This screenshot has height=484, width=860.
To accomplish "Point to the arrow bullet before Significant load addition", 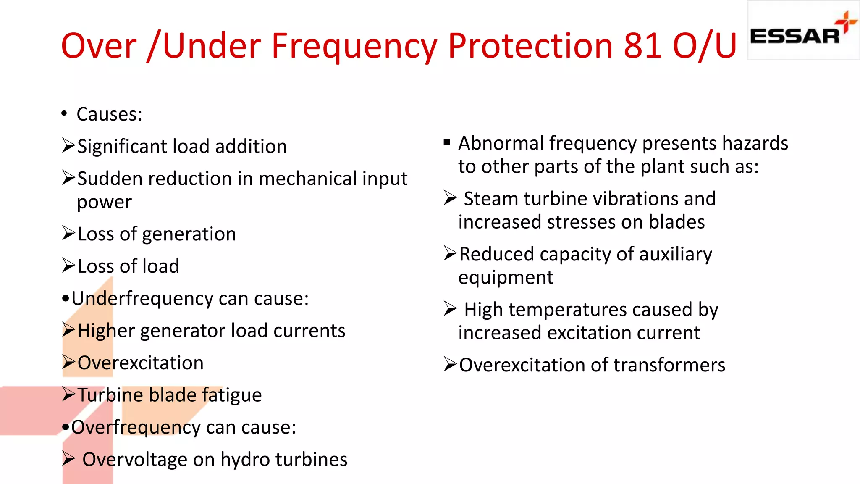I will point(68,145).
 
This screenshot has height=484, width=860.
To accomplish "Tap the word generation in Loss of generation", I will point(189,234).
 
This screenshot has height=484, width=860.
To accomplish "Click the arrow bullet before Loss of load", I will point(68,266).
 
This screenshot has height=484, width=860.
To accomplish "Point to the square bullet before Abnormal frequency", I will point(447,142).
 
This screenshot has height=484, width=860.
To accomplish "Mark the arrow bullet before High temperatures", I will point(450,309).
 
